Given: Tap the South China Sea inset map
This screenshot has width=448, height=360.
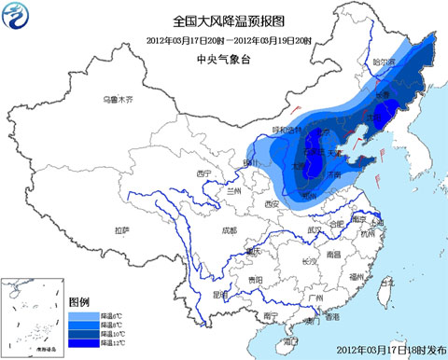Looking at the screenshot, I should click(x=33, y=317).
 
